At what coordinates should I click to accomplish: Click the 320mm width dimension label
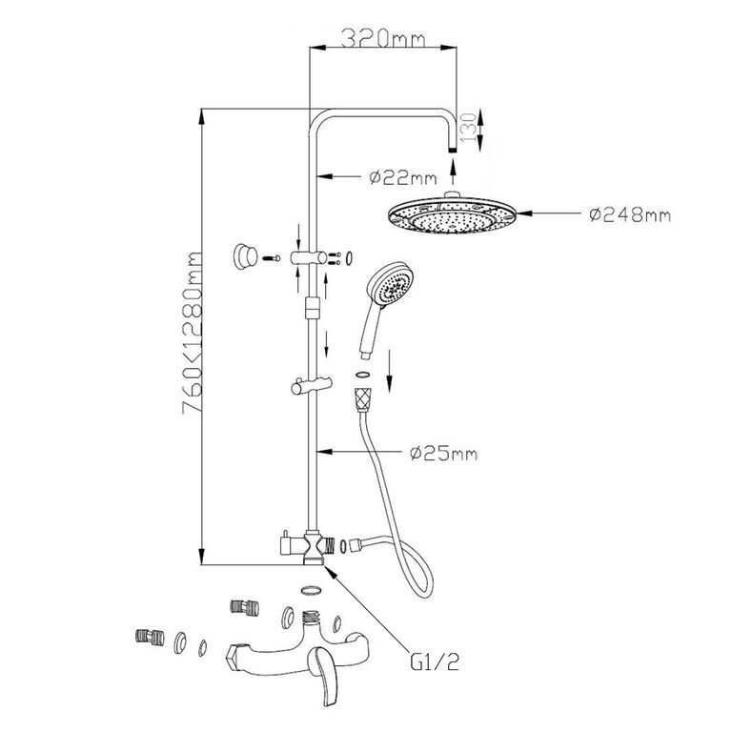click(383, 38)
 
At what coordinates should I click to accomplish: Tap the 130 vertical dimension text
click(468, 127)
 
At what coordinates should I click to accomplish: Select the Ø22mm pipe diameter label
click(403, 177)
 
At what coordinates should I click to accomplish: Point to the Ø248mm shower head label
click(630, 214)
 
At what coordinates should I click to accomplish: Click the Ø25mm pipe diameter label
click(443, 453)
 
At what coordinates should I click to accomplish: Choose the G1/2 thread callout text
click(435, 661)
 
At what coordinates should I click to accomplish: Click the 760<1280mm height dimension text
click(192, 333)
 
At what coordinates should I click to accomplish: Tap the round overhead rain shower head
click(453, 213)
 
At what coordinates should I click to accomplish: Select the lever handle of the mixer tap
click(323, 671)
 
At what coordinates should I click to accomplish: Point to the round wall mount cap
click(245, 256)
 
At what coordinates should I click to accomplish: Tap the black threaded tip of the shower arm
click(452, 150)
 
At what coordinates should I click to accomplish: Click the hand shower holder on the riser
click(312, 386)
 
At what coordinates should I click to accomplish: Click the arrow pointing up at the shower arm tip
click(452, 173)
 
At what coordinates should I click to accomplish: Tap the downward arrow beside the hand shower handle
click(390, 371)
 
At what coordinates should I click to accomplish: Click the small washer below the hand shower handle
click(362, 374)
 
